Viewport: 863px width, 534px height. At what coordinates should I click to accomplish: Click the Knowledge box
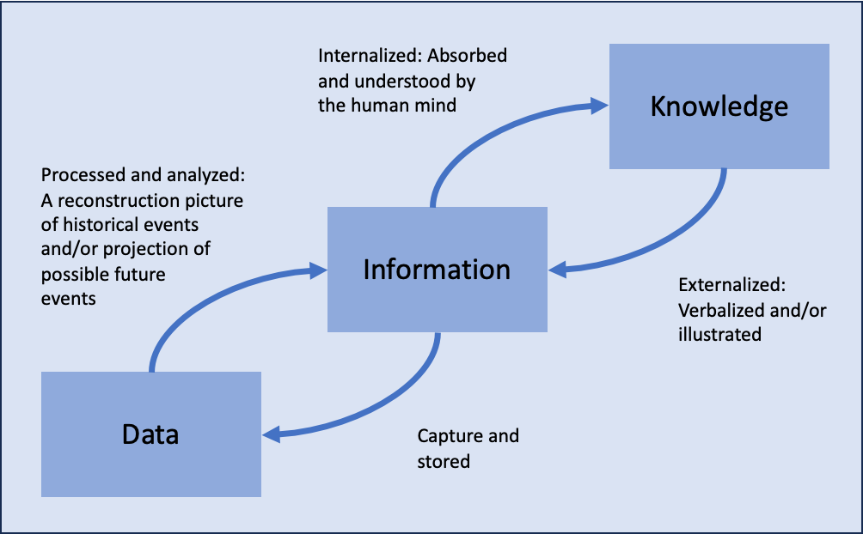click(x=719, y=106)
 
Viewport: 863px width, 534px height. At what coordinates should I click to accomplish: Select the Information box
click(x=437, y=270)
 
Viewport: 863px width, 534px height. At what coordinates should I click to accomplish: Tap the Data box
click(x=151, y=434)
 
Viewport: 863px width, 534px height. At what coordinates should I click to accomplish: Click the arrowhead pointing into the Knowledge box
click(x=599, y=106)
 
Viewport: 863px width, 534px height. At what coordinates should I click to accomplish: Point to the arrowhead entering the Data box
click(x=272, y=435)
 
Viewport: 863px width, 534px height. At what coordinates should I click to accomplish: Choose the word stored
click(x=444, y=462)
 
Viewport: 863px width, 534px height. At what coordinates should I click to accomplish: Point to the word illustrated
click(x=719, y=335)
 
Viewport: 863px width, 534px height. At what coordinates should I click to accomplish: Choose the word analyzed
click(x=210, y=176)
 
